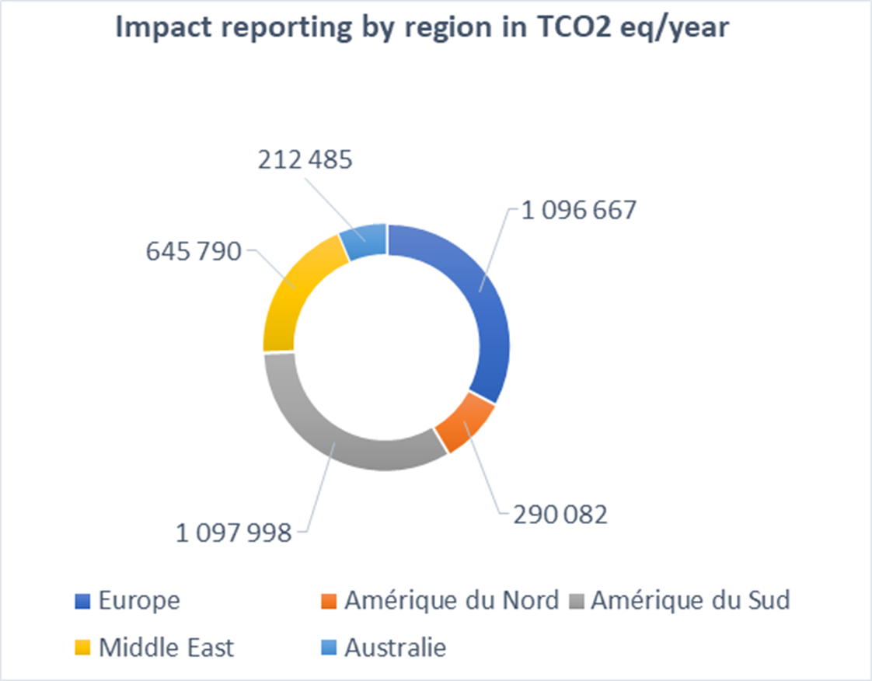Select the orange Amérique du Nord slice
(x=465, y=424)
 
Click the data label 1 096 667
(x=580, y=211)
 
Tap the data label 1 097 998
(x=233, y=533)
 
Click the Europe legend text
(x=139, y=601)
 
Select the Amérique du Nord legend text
(x=451, y=601)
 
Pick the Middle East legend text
(x=166, y=648)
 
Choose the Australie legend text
(x=396, y=648)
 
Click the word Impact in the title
(x=161, y=28)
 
